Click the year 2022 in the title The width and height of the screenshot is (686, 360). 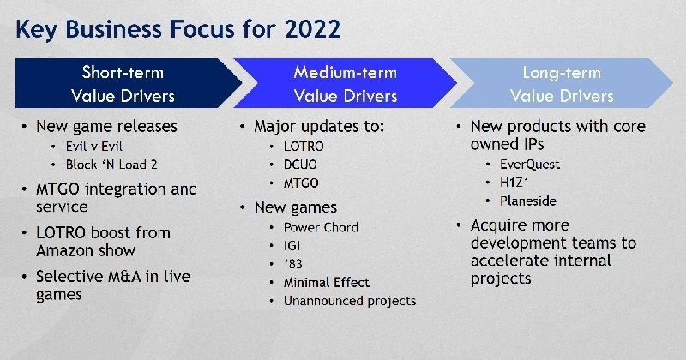pyautogui.click(x=312, y=29)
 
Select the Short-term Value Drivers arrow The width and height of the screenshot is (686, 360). pyautogui.click(x=128, y=83)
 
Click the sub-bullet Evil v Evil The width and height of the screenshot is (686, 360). pyautogui.click(x=94, y=146)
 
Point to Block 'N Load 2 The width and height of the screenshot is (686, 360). pyautogui.click(x=111, y=165)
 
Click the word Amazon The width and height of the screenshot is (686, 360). pyautogui.click(x=63, y=250)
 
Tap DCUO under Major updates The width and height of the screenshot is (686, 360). pyautogui.click(x=300, y=165)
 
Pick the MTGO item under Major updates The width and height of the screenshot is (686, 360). pyautogui.click(x=301, y=183)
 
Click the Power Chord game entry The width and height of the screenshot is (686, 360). pyautogui.click(x=321, y=227)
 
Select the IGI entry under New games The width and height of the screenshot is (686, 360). pyautogui.click(x=292, y=246)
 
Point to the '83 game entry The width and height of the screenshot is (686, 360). pyautogui.click(x=293, y=264)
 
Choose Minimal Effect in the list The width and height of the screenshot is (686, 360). pyautogui.click(x=327, y=283)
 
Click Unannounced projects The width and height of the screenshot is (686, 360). pyautogui.click(x=350, y=301)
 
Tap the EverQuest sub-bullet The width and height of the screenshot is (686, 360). pyautogui.click(x=530, y=164)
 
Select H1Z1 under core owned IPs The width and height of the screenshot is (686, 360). pyautogui.click(x=514, y=183)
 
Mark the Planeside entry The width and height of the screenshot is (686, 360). pyautogui.click(x=528, y=201)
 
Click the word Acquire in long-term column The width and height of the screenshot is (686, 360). pyautogui.click(x=498, y=225)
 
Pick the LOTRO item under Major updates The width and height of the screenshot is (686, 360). pyautogui.click(x=304, y=146)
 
